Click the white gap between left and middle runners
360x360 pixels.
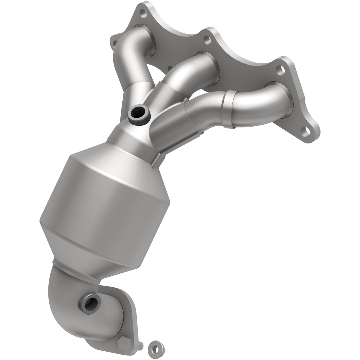coord(154,74)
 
